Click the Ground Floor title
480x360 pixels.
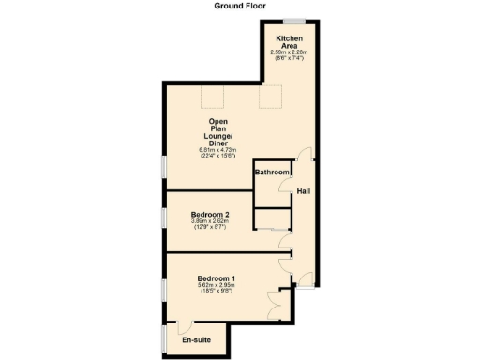coord(239,6)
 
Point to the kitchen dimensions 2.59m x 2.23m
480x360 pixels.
coord(289,54)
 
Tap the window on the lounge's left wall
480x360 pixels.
coord(164,165)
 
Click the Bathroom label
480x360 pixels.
coord(272,172)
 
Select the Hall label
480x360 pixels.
coord(304,192)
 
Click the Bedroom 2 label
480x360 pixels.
coord(211,215)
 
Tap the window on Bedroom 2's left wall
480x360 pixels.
coord(164,217)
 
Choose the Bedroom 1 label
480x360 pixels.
coord(216,278)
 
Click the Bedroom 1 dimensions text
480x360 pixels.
coord(216,289)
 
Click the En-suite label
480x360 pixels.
coord(197,341)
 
